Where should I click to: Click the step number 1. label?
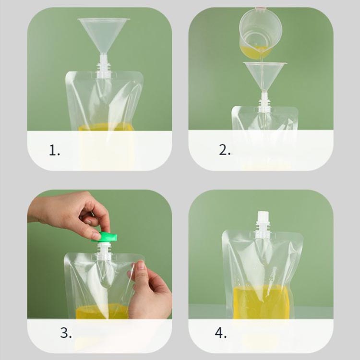click(x=54, y=150)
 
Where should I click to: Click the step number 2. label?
click(x=225, y=150)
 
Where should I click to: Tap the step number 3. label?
click(x=66, y=333)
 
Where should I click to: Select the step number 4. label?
click(x=221, y=333)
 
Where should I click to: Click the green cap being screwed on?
click(x=105, y=237)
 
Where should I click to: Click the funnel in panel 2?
click(x=265, y=77)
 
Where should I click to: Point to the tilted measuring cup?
click(x=261, y=32)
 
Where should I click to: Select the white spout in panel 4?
click(x=263, y=224)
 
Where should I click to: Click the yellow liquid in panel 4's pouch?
click(x=261, y=302)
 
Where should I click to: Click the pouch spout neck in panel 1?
click(x=103, y=67)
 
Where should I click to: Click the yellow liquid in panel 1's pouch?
click(x=106, y=127)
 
